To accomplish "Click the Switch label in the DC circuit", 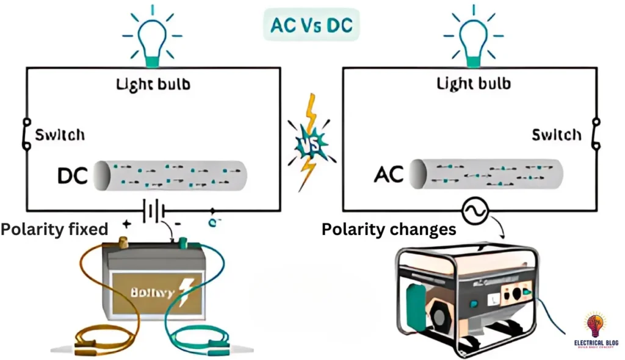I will click(60, 134).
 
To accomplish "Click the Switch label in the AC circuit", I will click(557, 134).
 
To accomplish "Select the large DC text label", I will click(73, 176).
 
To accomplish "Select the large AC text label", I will click(388, 175).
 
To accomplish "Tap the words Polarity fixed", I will click(54, 229).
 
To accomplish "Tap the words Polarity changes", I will click(389, 229).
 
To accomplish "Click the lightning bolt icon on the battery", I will click(184, 289).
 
